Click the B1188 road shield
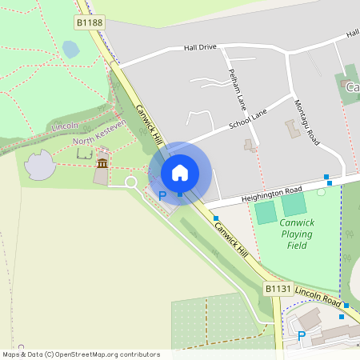[90, 23]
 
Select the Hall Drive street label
[200, 47]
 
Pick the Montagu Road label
[306, 122]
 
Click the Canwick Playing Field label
[297, 234]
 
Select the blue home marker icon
[180, 172]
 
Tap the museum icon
[102, 163]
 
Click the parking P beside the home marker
[163, 196]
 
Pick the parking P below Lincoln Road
[302, 336]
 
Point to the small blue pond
[70, 50]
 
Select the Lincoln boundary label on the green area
[65, 126]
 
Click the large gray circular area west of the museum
[40, 166]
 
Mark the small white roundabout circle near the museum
[130, 182]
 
